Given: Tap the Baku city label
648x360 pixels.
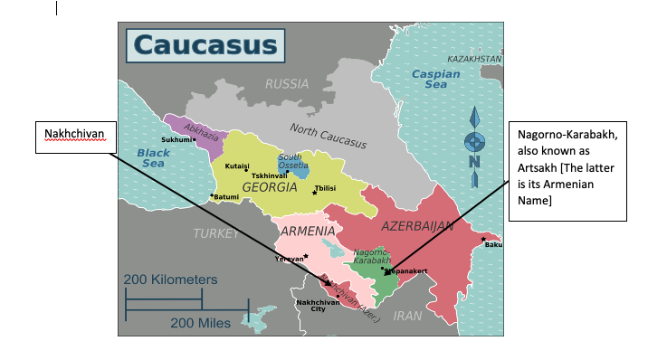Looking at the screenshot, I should tap(492, 244).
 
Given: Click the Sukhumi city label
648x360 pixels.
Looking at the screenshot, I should tap(176, 140).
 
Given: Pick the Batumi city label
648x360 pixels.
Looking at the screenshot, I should tap(225, 196).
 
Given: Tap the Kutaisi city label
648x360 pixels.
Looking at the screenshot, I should tap(237, 166).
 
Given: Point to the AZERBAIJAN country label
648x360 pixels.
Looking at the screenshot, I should tap(416, 226).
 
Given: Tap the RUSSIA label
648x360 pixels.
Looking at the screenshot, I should tap(287, 84).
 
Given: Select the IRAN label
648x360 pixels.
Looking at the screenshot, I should tap(408, 317).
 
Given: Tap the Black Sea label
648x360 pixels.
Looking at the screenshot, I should tap(154, 158).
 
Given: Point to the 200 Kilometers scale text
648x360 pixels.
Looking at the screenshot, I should tap(170, 279).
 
